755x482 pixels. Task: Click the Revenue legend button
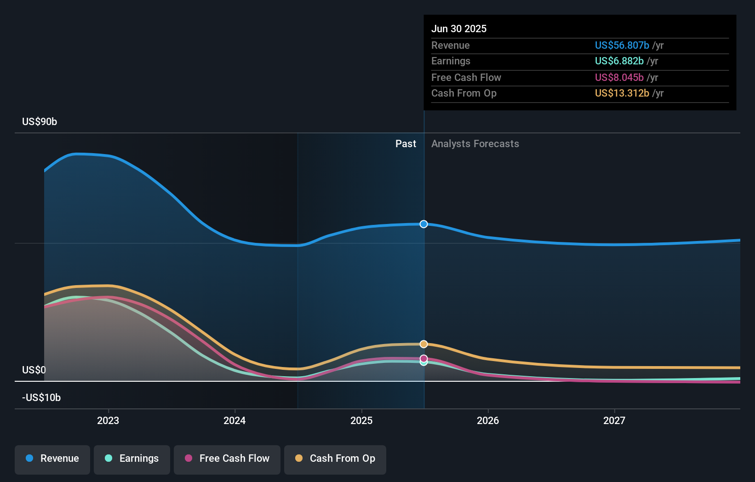[x=52, y=459]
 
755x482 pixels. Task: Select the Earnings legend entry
[x=132, y=459]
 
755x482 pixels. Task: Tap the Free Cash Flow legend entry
[x=227, y=459]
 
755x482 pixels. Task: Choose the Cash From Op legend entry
[x=335, y=459]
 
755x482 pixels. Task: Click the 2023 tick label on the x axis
[x=108, y=420]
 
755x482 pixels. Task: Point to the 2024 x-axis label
[x=235, y=420]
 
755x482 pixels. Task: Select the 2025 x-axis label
[x=361, y=420]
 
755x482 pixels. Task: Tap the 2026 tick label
[x=488, y=420]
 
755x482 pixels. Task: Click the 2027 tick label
[x=614, y=420]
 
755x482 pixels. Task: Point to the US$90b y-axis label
[x=40, y=122]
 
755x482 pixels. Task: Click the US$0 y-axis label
[x=34, y=370]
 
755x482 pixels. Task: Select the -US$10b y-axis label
[x=41, y=398]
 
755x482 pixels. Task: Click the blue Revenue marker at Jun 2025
[x=423, y=224]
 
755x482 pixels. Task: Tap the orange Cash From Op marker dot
[x=423, y=344]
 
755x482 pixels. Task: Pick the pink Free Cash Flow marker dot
[x=423, y=358]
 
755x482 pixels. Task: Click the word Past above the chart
[x=406, y=144]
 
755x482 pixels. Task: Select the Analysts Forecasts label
[x=475, y=144]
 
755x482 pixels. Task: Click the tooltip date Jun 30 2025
[x=458, y=29]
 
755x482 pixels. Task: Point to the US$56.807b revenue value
[x=622, y=45]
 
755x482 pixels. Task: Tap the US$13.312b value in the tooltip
[x=622, y=93]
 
